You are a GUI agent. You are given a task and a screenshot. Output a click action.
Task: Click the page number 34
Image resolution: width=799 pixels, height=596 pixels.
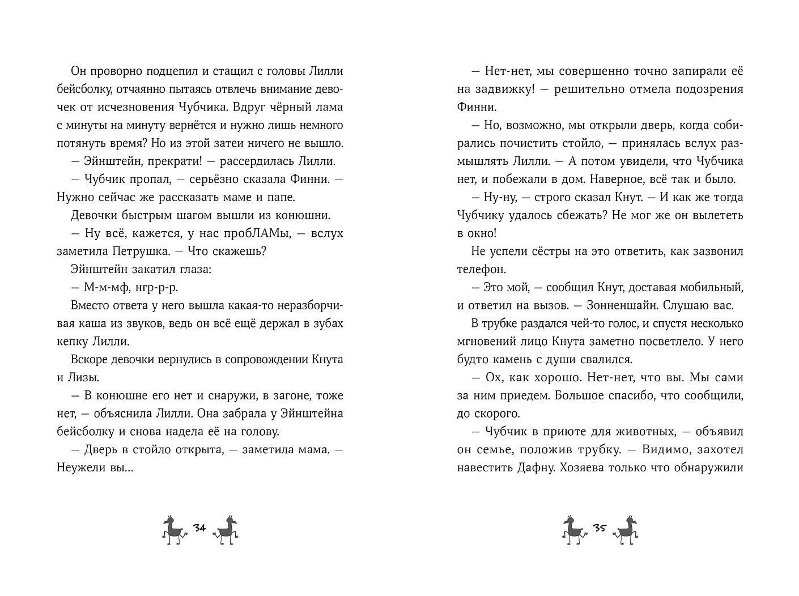(x=199, y=528)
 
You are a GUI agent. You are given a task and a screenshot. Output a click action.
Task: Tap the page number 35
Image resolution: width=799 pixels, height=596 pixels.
(x=600, y=528)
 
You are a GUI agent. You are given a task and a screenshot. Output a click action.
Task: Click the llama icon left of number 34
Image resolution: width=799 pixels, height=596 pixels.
(x=173, y=530)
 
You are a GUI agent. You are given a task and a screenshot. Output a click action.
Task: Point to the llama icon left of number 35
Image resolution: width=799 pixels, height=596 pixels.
(x=572, y=530)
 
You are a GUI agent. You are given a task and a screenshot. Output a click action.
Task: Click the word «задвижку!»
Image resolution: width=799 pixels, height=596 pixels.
(x=499, y=89)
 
